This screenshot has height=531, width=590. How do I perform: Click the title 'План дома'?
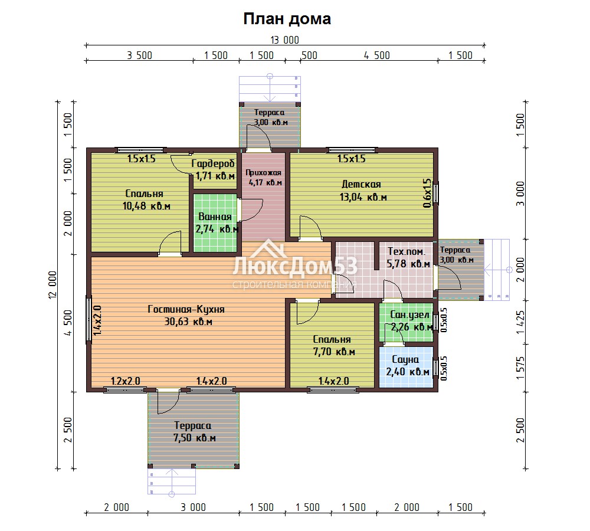click(x=287, y=19)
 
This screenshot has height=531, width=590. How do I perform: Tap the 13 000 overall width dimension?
click(x=285, y=40)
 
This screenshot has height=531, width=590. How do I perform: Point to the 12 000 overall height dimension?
click(x=53, y=285)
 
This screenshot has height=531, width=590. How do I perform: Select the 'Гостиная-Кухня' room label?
click(x=186, y=309)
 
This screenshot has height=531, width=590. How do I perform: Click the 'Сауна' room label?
click(x=405, y=359)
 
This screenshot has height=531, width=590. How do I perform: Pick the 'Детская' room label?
click(x=361, y=185)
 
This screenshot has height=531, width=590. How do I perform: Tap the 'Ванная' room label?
click(x=215, y=217)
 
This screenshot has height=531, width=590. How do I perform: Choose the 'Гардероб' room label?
click(x=213, y=163)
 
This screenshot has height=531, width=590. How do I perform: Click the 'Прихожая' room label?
click(x=263, y=173)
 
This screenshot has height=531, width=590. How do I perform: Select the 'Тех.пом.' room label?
click(x=406, y=251)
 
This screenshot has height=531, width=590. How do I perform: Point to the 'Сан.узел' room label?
click(x=410, y=314)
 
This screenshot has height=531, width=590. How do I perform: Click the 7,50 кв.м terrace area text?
click(x=195, y=438)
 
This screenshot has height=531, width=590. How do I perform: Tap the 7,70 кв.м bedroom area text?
click(x=334, y=352)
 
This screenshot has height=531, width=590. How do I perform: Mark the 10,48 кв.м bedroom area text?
click(x=146, y=206)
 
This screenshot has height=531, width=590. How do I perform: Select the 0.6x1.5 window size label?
click(x=427, y=193)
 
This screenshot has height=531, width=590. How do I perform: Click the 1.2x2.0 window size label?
click(x=125, y=381)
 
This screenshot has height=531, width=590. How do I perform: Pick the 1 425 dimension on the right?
click(x=520, y=322)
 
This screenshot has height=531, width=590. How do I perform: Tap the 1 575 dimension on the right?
click(x=520, y=368)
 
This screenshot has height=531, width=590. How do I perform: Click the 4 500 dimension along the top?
click(x=376, y=55)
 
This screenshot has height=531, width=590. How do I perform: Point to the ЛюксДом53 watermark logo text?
click(x=295, y=265)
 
